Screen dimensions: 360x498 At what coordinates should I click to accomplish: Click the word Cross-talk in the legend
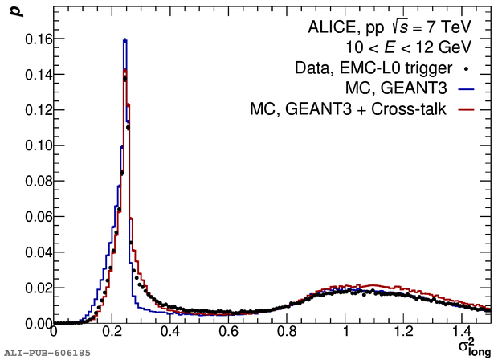[418, 108]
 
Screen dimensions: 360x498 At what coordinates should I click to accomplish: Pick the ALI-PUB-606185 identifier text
[47, 353]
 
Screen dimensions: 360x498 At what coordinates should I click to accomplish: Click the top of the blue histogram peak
[125, 39]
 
